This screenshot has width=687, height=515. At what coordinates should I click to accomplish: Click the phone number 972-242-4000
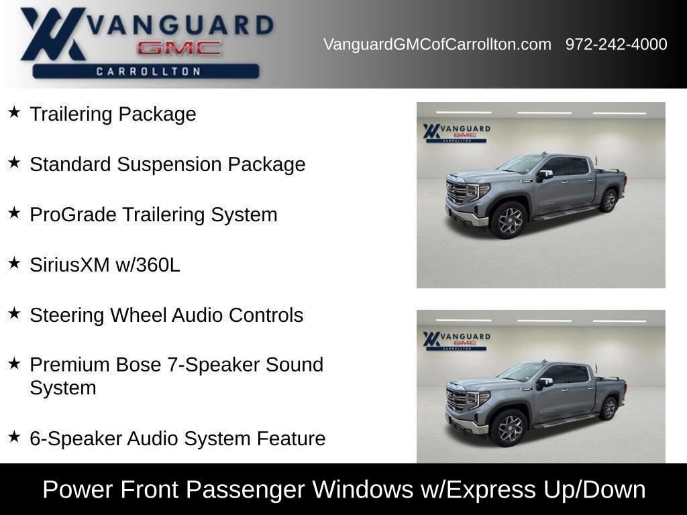[616, 44]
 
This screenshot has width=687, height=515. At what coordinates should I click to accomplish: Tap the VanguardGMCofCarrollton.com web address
[437, 44]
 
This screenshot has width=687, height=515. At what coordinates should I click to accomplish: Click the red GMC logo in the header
[179, 48]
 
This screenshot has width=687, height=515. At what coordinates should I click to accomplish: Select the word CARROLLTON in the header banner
[148, 71]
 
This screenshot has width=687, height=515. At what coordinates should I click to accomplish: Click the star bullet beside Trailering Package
[15, 112]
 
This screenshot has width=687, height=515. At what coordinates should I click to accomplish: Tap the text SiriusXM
[69, 265]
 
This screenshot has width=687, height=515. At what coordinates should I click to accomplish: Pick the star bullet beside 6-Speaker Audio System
[15, 437]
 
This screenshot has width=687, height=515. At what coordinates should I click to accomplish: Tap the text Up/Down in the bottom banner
[594, 490]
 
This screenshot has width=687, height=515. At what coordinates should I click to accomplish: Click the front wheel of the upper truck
[509, 220]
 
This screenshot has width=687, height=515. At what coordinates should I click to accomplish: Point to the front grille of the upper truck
[456, 192]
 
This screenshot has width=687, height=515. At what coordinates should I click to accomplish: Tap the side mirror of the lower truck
[544, 382]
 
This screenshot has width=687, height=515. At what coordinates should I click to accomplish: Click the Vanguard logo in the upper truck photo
[456, 133]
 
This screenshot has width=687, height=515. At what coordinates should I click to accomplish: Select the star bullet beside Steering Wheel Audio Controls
[15, 313]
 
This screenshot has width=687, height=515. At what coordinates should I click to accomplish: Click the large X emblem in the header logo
[52, 34]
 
